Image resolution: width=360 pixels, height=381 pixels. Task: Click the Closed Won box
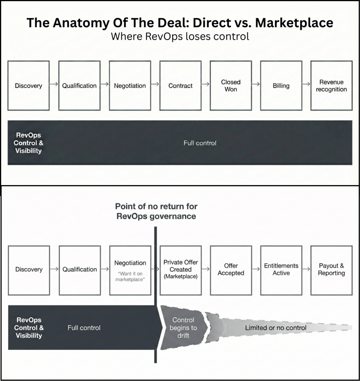231,86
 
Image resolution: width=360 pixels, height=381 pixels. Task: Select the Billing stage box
281,86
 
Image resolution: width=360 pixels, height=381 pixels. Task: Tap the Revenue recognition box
331,86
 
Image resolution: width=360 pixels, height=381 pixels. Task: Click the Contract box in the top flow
180,86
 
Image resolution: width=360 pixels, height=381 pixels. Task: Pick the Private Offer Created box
180,270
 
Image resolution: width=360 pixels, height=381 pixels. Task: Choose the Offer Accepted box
231,270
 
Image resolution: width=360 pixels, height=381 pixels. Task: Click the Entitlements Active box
281,270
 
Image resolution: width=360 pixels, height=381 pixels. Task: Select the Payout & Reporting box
331,270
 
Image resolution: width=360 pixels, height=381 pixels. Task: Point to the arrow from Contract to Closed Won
205,85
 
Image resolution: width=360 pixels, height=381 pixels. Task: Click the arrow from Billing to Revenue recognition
306,85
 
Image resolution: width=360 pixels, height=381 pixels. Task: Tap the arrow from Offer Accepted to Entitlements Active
256,269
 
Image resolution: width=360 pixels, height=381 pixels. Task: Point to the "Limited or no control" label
275,327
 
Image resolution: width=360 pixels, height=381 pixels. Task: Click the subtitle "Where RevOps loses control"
180,37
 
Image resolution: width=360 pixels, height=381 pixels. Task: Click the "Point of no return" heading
155,211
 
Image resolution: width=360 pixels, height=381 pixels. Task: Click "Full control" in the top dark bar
200,143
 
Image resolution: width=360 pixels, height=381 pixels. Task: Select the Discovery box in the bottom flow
29,270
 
